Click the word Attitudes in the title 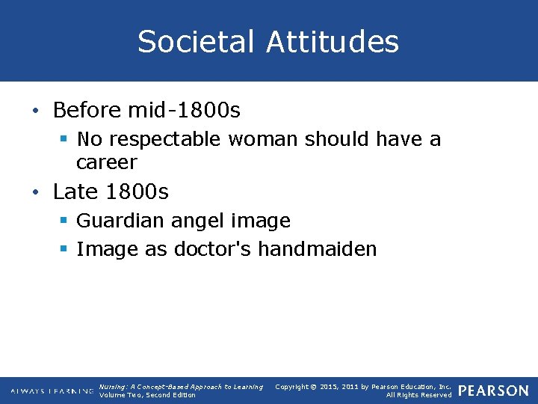pos(333,42)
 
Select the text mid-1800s pos(185,111)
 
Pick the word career pos(107,162)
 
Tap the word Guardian pos(121,221)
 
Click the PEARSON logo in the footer pos(493,391)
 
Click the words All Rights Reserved pos(418,395)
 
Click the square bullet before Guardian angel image pos(64,221)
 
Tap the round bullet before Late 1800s pos(37,193)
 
